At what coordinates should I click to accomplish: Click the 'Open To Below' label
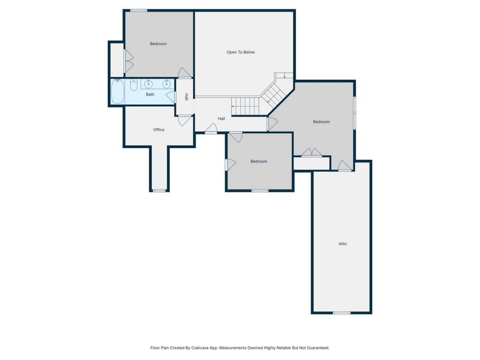pyautogui.click(x=241, y=52)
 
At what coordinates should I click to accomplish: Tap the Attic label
pyautogui.click(x=343, y=244)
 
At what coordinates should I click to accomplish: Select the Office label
pyautogui.click(x=158, y=130)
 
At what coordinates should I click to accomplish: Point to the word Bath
pyautogui.click(x=150, y=94)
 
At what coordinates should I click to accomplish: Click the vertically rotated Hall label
pyautogui.click(x=187, y=97)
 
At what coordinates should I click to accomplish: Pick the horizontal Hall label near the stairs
pyautogui.click(x=221, y=118)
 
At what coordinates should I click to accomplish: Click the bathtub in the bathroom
pyautogui.click(x=117, y=91)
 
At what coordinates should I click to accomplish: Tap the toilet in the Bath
pyautogui.click(x=134, y=85)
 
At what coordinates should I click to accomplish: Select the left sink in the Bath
pyautogui.click(x=148, y=83)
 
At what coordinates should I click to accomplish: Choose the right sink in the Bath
pyautogui.click(x=167, y=83)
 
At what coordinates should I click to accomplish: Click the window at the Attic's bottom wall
pyautogui.click(x=341, y=313)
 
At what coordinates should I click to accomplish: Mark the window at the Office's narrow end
pyautogui.click(x=159, y=191)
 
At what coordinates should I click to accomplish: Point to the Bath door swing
pyautogui.click(x=170, y=97)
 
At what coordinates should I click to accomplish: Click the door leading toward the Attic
pyautogui.click(x=344, y=166)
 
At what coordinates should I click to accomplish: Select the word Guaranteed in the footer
pyautogui.click(x=319, y=348)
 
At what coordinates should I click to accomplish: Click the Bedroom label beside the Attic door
pyautogui.click(x=322, y=122)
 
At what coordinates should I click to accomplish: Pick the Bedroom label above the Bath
pyautogui.click(x=158, y=44)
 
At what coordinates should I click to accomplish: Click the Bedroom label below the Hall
pyautogui.click(x=259, y=161)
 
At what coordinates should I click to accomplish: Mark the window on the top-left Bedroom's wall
pyautogui.click(x=139, y=11)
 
